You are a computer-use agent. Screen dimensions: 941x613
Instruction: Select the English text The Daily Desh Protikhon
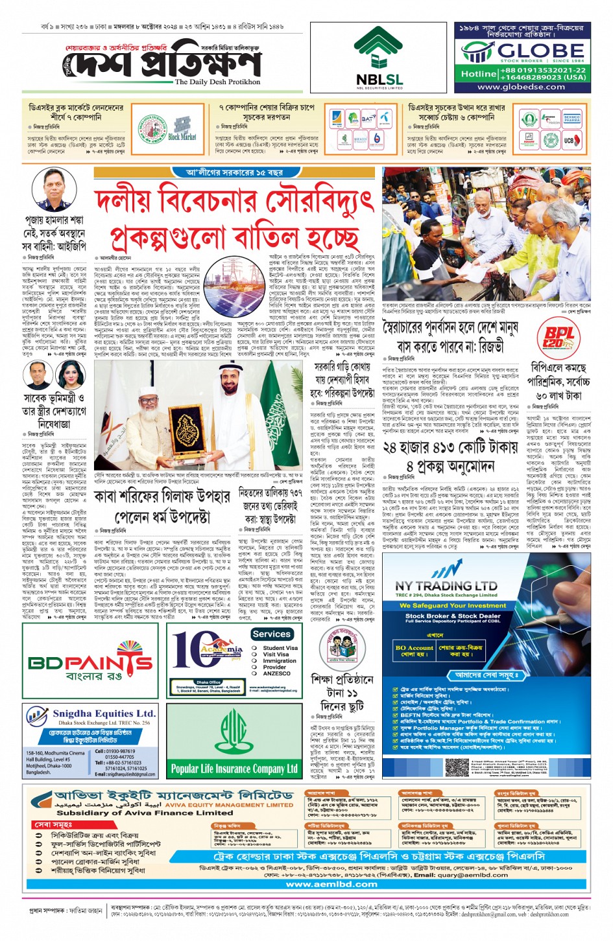click(x=217, y=82)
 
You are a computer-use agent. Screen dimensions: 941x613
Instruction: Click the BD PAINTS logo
click(x=90, y=662)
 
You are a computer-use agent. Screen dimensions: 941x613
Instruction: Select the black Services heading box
click(x=272, y=634)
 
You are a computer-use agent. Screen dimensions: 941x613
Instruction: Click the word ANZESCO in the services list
click(x=276, y=673)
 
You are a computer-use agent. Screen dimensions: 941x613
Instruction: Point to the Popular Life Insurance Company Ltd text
click(x=234, y=769)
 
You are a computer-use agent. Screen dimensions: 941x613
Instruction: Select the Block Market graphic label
click(x=182, y=137)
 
